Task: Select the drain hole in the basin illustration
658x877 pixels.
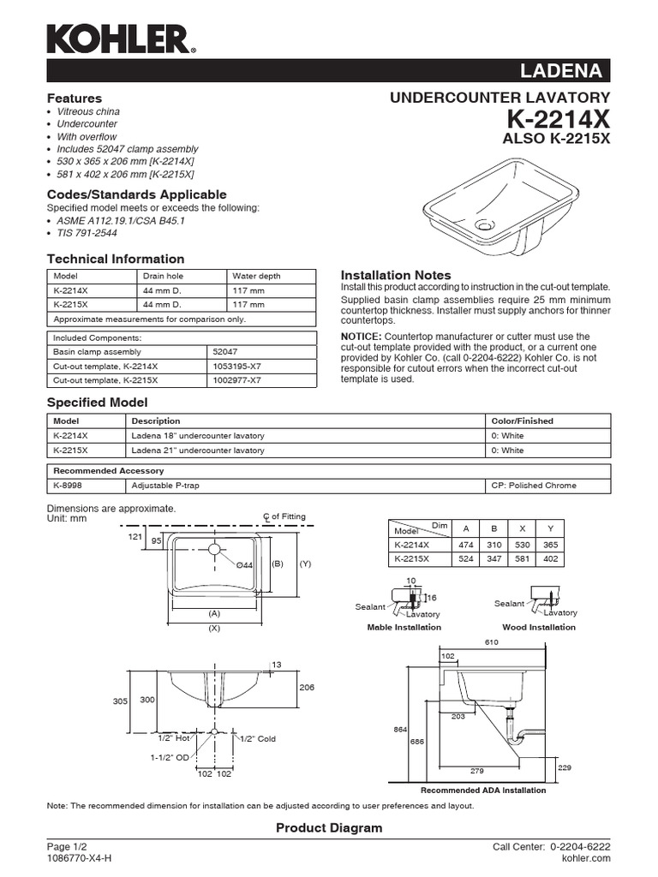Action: (x=485, y=226)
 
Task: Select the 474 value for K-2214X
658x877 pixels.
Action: (x=466, y=543)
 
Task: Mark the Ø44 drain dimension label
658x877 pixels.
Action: (x=243, y=565)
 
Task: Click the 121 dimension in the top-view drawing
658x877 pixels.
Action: (x=135, y=535)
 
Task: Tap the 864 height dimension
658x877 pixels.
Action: (x=400, y=729)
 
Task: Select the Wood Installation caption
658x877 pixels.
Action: (x=539, y=627)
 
